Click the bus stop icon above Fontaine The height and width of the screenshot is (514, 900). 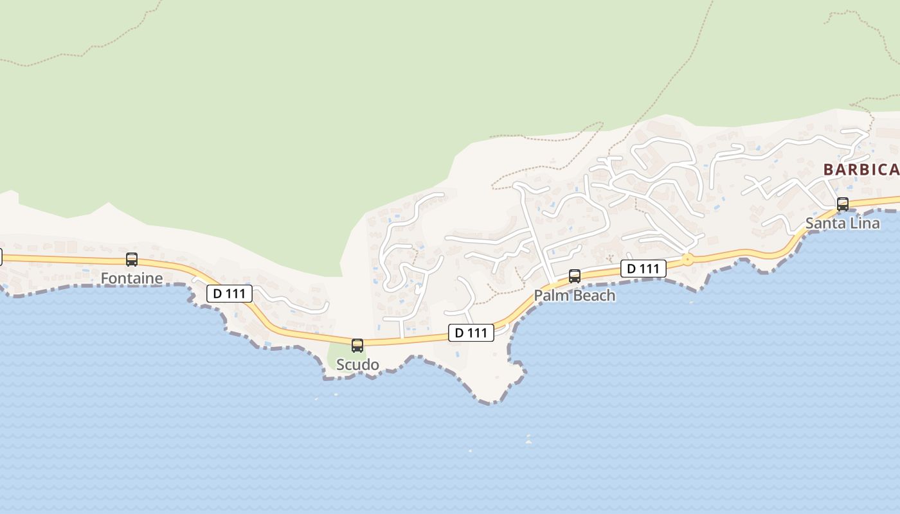tap(132, 260)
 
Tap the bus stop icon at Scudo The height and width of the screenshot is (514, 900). tap(357, 345)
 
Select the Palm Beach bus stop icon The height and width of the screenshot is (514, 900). tap(575, 276)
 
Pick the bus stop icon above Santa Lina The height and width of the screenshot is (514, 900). tap(842, 204)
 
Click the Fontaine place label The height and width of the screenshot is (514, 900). tap(132, 278)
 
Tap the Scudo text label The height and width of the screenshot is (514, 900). tap(357, 365)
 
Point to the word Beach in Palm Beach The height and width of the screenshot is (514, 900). tap(592, 296)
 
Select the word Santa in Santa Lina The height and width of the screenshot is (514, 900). tap(825, 224)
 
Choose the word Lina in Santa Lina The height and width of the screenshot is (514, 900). tap(865, 224)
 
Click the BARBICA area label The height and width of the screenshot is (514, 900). tap(861, 170)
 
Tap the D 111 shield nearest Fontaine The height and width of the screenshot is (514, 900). tap(230, 294)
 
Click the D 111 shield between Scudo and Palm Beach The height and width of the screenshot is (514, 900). tap(471, 333)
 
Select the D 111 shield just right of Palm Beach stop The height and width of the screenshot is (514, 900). tap(643, 269)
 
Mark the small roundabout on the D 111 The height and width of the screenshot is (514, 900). tap(687, 260)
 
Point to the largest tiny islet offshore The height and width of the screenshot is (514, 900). tap(528, 441)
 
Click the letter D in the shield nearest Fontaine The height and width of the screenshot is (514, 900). tap(217, 294)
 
